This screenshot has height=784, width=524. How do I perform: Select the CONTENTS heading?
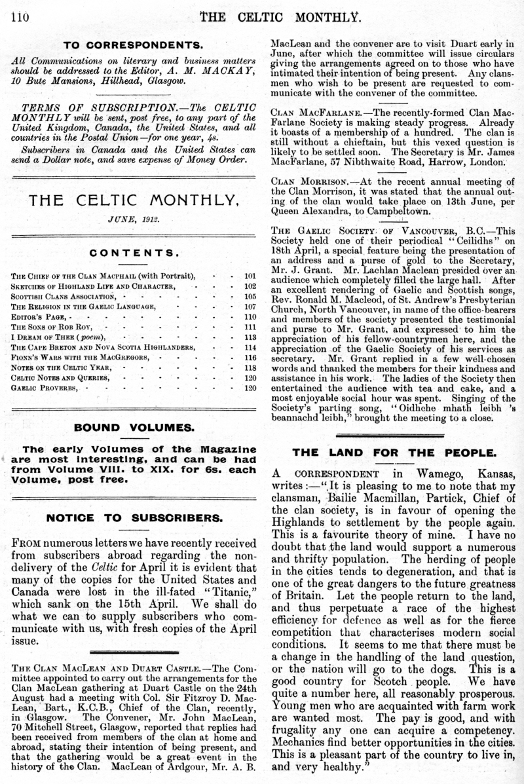click(x=135, y=252)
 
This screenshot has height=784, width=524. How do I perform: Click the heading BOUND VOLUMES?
click(x=134, y=428)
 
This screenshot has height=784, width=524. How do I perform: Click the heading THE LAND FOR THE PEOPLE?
click(x=394, y=453)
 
